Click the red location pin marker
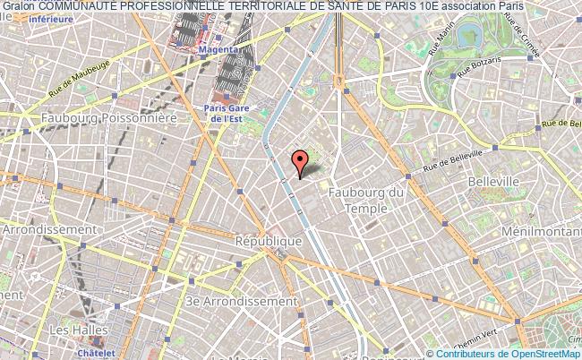point(300,163)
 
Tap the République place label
point(268,242)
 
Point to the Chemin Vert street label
point(502,341)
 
